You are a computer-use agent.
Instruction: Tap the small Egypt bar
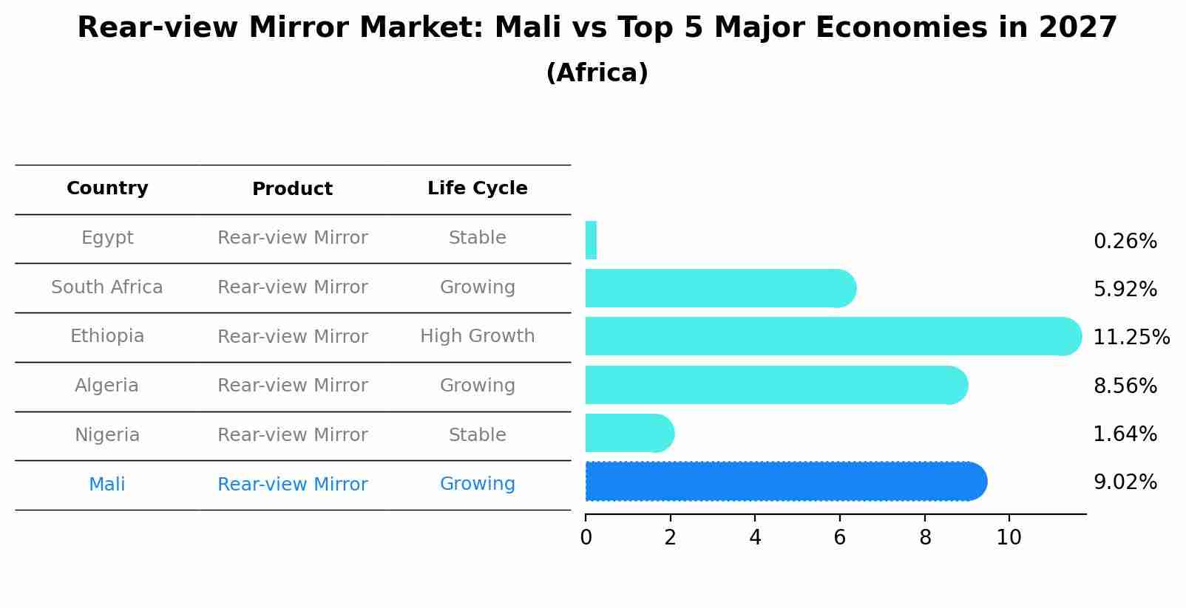591,240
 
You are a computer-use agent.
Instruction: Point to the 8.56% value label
1125,386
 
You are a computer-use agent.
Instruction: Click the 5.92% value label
1125,289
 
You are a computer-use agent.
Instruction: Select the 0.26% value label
1125,241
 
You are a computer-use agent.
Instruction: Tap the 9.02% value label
1125,482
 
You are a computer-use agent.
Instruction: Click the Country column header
107,188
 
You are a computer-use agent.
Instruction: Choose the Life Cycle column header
477,188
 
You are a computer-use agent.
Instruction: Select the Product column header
292,189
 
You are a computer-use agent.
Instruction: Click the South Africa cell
107,287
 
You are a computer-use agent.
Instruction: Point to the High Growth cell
477,336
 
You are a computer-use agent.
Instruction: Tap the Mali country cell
107,485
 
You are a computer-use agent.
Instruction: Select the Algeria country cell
107,386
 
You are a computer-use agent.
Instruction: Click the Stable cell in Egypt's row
477,238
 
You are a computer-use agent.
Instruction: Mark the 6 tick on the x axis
839,537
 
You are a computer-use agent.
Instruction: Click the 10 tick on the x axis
1009,537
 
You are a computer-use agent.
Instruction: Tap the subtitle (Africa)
597,73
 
